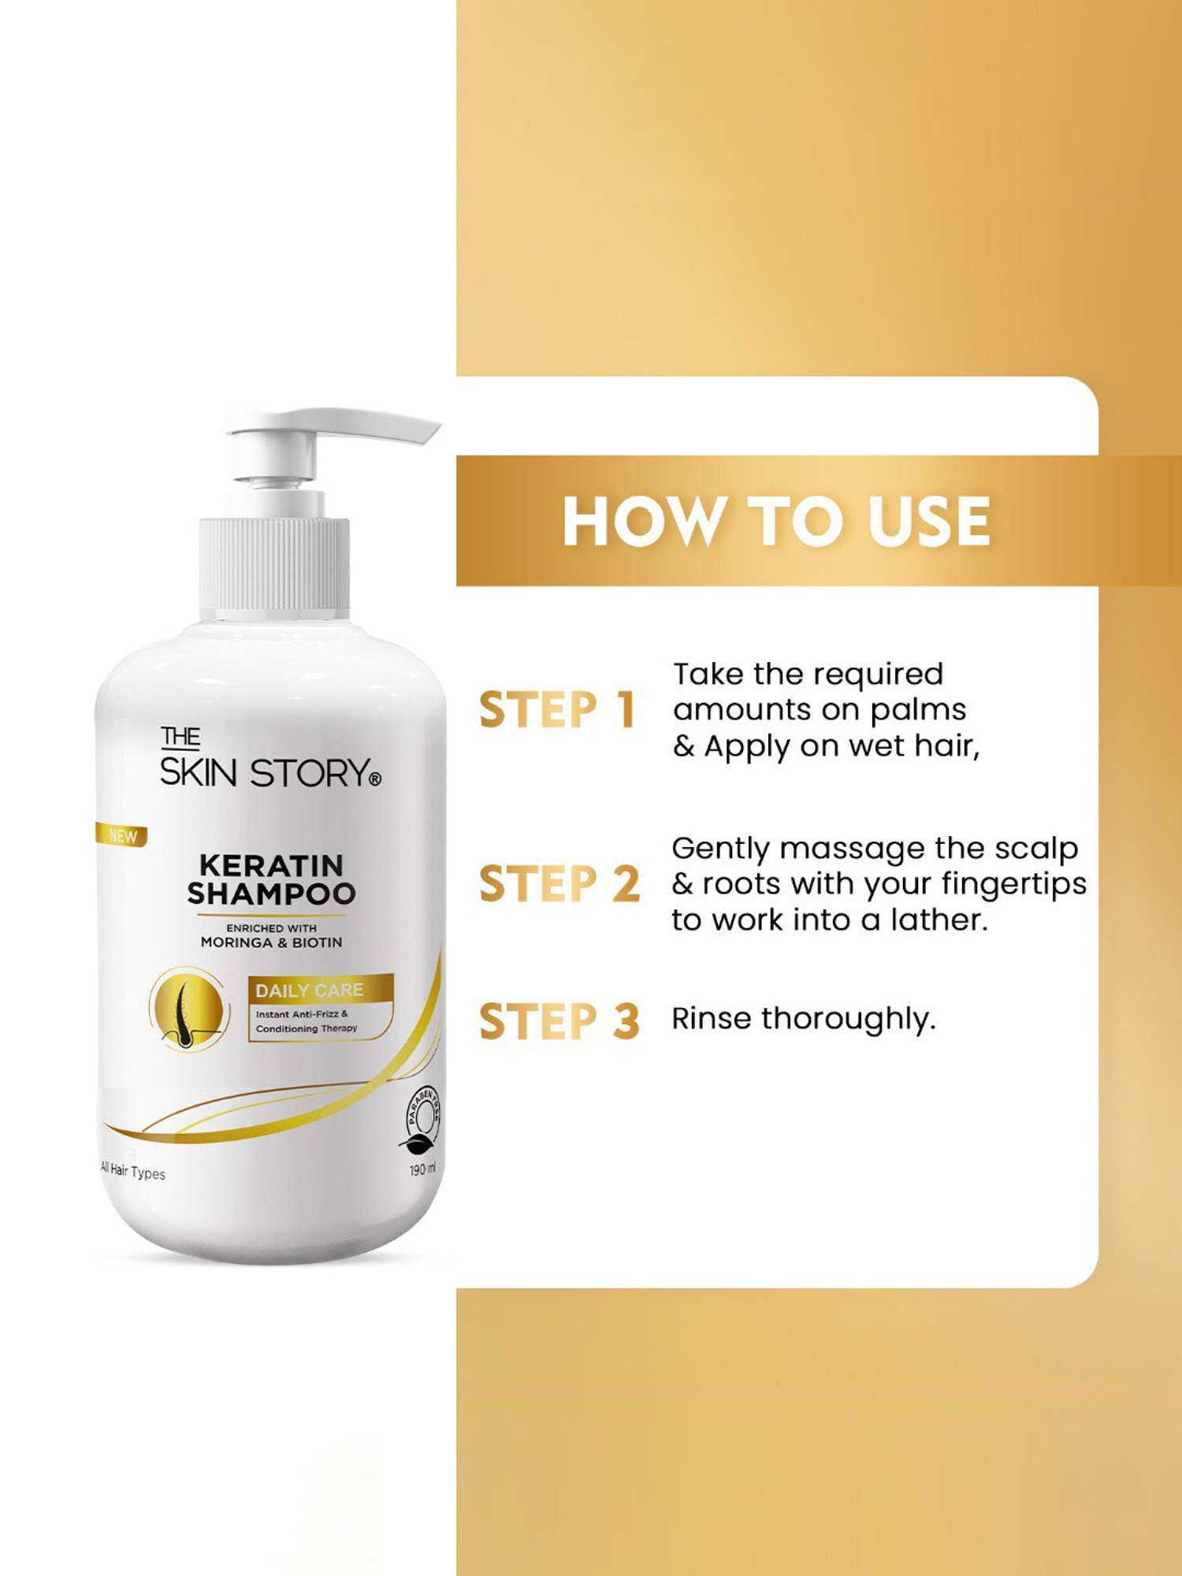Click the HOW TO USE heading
tap(776, 521)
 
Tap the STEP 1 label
tap(557, 710)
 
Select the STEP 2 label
tap(559, 883)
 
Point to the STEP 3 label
tap(559, 1021)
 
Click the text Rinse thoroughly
tap(803, 1019)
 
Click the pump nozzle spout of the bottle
tap(394, 428)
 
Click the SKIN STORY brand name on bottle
tap(270, 773)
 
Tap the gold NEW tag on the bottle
tap(122, 836)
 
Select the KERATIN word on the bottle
tap(271, 865)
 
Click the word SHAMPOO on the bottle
tap(271, 894)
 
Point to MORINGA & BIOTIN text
tap(271, 942)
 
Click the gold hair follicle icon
tap(188, 1009)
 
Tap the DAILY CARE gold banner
tap(319, 991)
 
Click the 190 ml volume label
tap(422, 1169)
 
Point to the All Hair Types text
tap(133, 1172)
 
